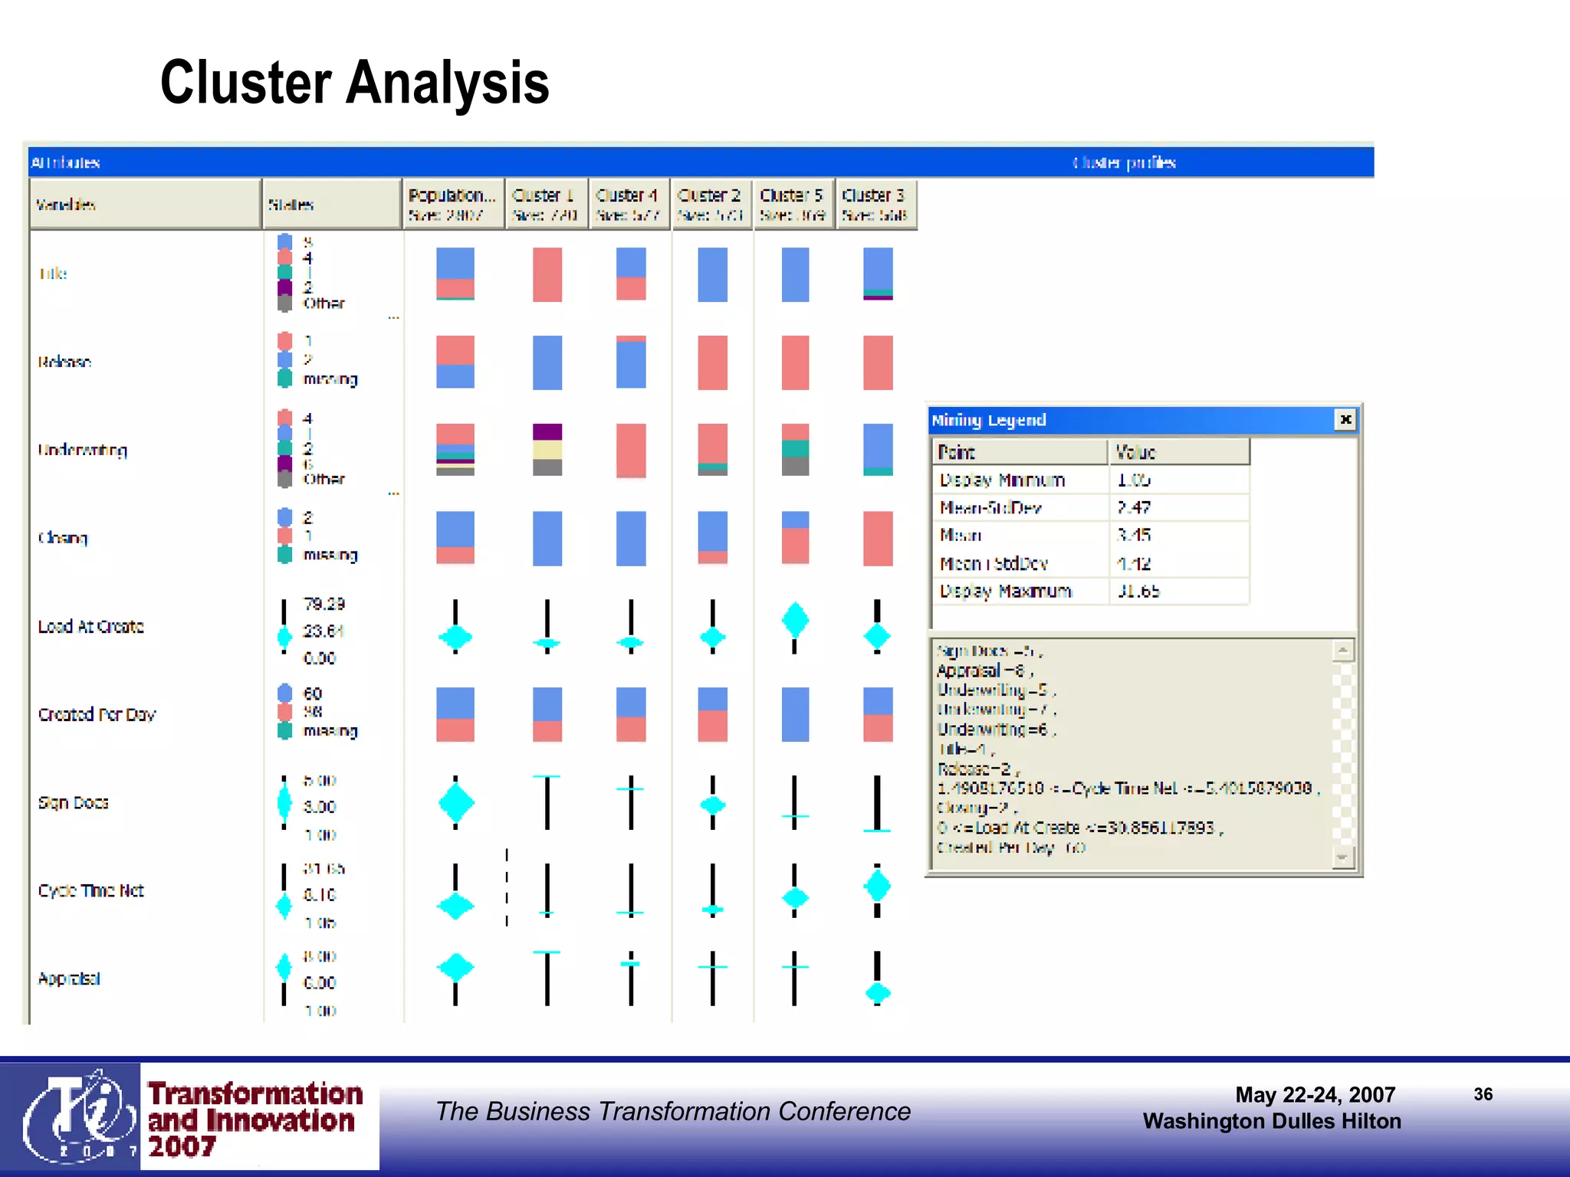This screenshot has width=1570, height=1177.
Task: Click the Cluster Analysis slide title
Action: click(354, 83)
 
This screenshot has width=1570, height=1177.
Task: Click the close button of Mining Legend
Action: click(1345, 419)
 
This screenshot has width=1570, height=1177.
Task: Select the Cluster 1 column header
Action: click(545, 204)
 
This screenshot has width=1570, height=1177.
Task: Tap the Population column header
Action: click(452, 204)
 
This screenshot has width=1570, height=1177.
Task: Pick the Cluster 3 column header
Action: click(875, 204)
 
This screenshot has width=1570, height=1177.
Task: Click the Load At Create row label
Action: click(90, 626)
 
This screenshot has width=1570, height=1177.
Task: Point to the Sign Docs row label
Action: click(74, 802)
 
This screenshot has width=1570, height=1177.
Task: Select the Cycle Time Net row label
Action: click(90, 890)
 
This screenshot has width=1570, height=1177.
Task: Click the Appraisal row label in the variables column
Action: click(69, 979)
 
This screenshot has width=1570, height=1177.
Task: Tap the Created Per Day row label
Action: click(97, 714)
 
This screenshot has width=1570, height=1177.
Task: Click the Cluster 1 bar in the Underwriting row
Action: click(547, 449)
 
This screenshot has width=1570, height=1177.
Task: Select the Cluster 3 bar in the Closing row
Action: click(878, 538)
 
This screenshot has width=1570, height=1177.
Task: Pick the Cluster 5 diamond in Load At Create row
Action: click(795, 619)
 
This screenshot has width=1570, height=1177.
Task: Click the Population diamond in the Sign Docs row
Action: click(455, 802)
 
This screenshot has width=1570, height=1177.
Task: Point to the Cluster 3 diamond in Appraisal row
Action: click(878, 993)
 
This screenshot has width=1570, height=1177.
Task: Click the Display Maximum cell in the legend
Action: click(1005, 591)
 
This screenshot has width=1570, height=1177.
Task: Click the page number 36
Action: click(1483, 1094)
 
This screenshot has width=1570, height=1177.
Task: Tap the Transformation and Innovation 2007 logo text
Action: click(255, 1120)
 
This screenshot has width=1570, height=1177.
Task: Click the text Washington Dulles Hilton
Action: click(1271, 1121)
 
